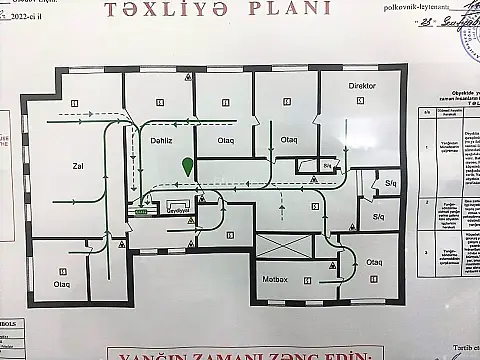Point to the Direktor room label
click(x=361, y=87)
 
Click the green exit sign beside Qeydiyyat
click(x=141, y=212)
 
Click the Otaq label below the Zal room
click(x=62, y=285)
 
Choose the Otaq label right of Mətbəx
click(x=374, y=262)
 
